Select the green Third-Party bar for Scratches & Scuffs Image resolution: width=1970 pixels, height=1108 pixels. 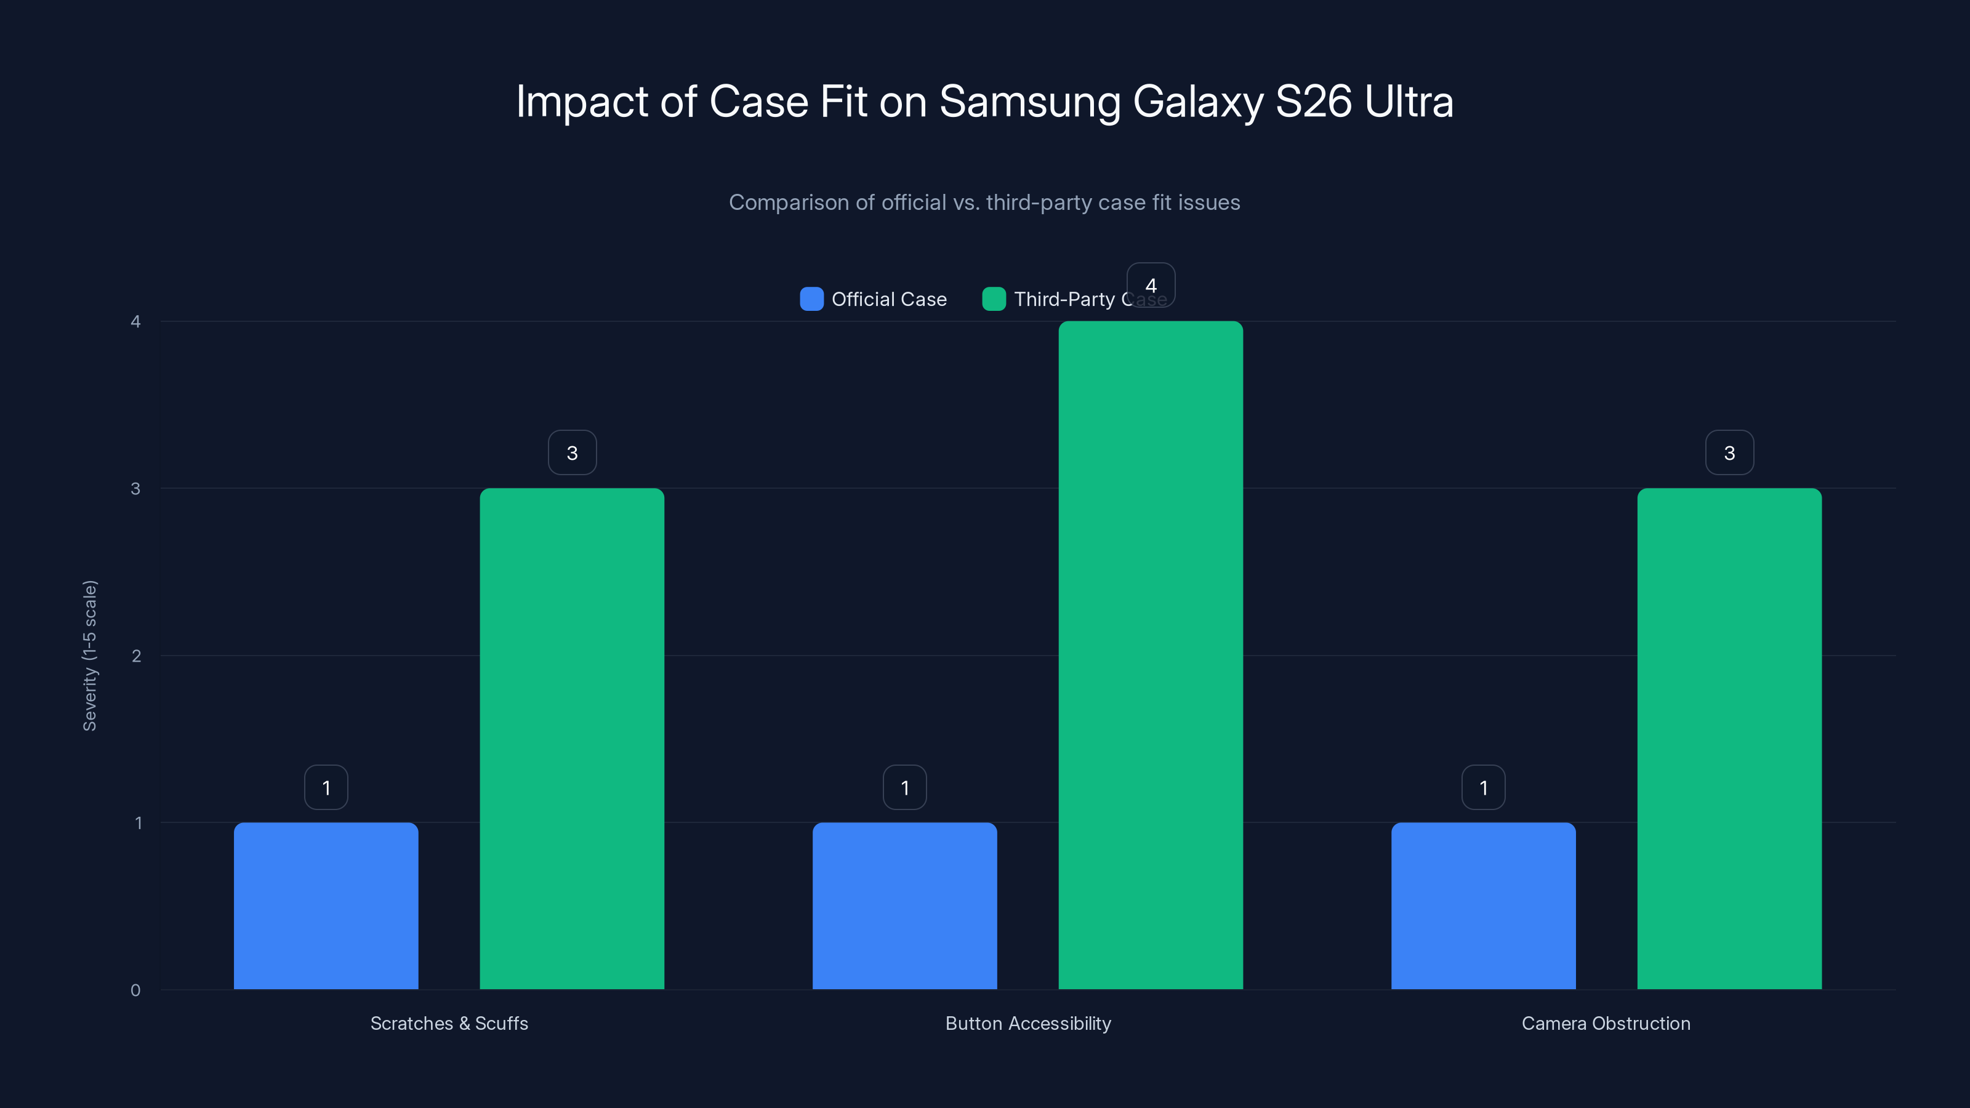(x=572, y=739)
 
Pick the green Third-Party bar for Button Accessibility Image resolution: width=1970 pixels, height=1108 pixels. (x=1150, y=656)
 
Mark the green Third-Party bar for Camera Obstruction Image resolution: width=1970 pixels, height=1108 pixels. (x=1729, y=739)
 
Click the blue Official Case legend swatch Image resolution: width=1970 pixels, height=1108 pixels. (x=811, y=299)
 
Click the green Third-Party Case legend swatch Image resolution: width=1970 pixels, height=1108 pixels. (x=994, y=299)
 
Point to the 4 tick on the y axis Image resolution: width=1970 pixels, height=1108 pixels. (x=136, y=322)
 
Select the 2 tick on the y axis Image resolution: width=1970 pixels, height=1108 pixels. (x=136, y=656)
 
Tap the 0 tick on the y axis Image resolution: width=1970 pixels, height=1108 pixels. (x=136, y=990)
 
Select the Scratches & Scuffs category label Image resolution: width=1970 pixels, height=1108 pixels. (x=449, y=1023)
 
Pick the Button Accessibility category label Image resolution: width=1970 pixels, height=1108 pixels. (x=1028, y=1023)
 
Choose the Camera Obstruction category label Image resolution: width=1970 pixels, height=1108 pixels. (x=1606, y=1023)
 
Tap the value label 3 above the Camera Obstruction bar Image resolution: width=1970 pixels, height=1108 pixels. (x=1729, y=452)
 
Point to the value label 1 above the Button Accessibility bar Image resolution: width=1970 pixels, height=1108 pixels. (x=905, y=788)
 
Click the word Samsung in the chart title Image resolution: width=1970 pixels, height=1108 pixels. (x=1029, y=102)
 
